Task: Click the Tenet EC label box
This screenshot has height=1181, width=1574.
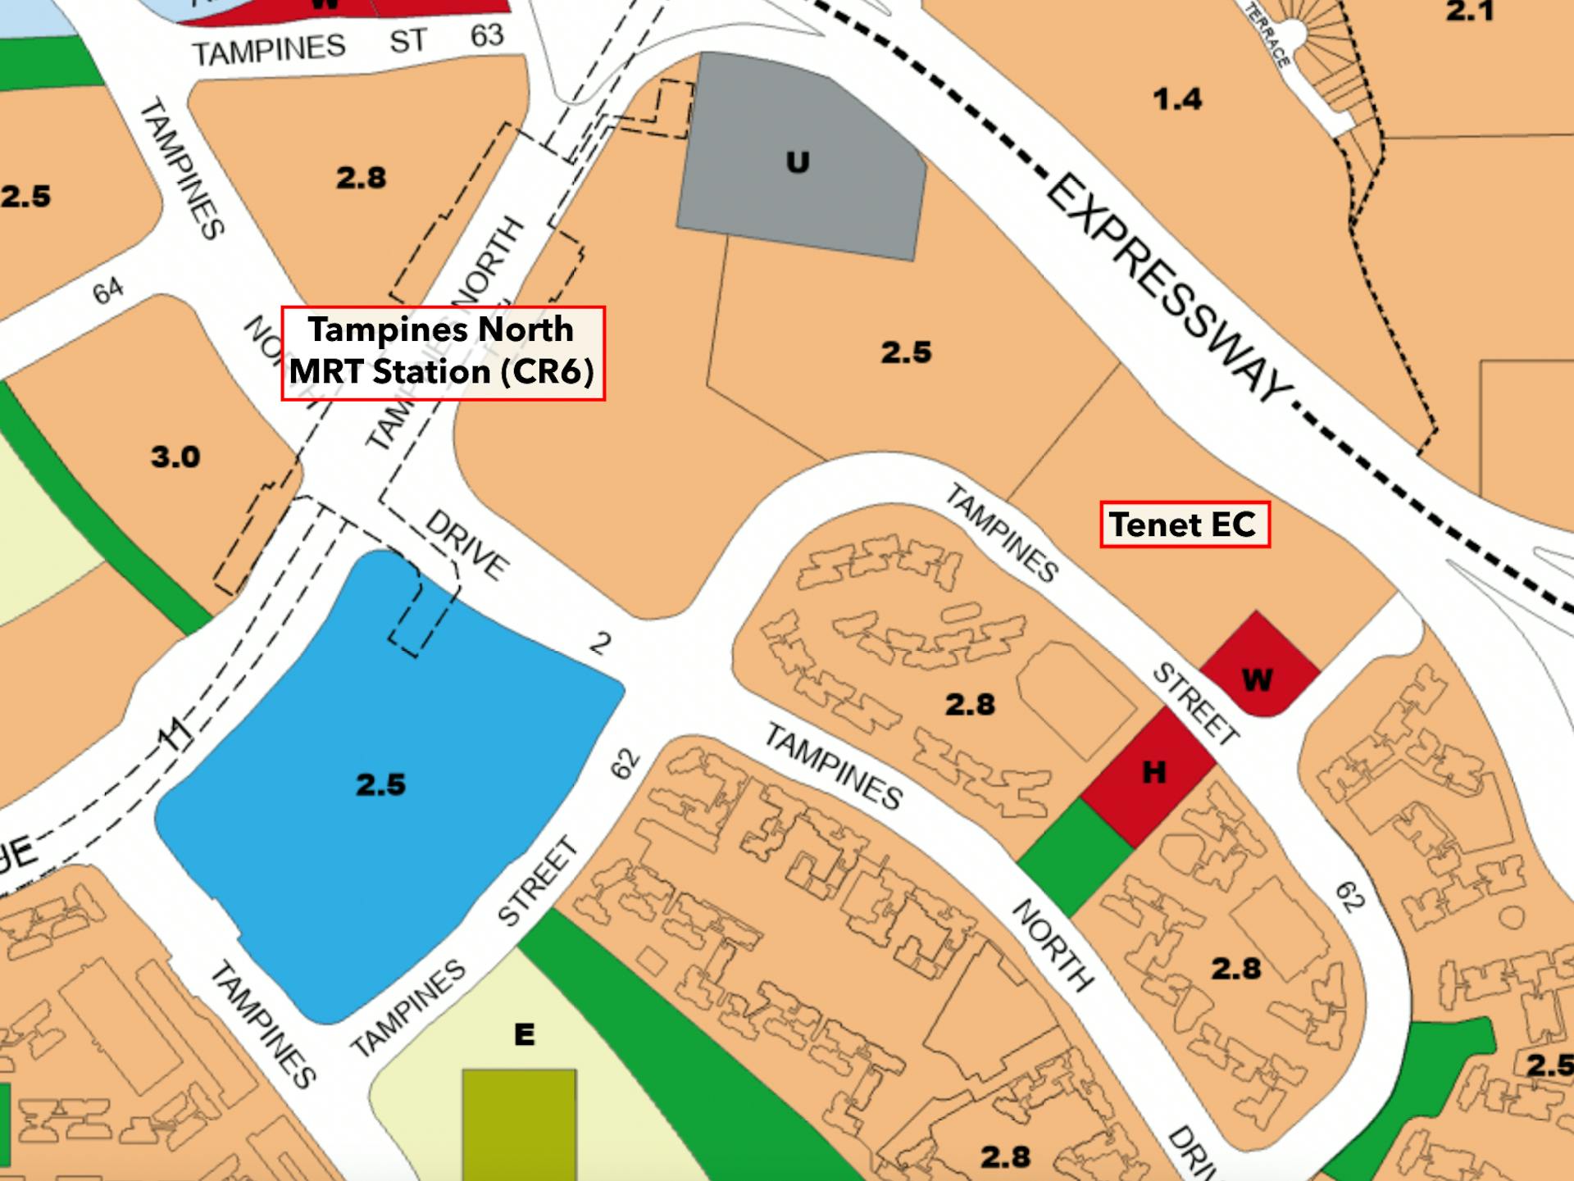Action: click(1184, 525)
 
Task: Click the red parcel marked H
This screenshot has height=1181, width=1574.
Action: click(1150, 774)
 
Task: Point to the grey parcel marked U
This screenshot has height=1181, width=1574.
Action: click(799, 164)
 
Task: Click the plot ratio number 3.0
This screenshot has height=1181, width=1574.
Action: click(175, 457)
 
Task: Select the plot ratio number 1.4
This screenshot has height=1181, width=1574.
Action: click(1177, 99)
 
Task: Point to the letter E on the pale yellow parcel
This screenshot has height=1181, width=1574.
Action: click(525, 1033)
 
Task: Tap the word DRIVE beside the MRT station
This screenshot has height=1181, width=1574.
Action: click(467, 544)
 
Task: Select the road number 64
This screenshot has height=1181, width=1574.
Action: click(107, 290)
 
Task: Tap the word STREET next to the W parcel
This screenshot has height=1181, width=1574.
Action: click(1195, 703)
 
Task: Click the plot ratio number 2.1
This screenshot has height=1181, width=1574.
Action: click(1470, 12)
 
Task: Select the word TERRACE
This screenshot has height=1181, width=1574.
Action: click(1267, 34)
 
